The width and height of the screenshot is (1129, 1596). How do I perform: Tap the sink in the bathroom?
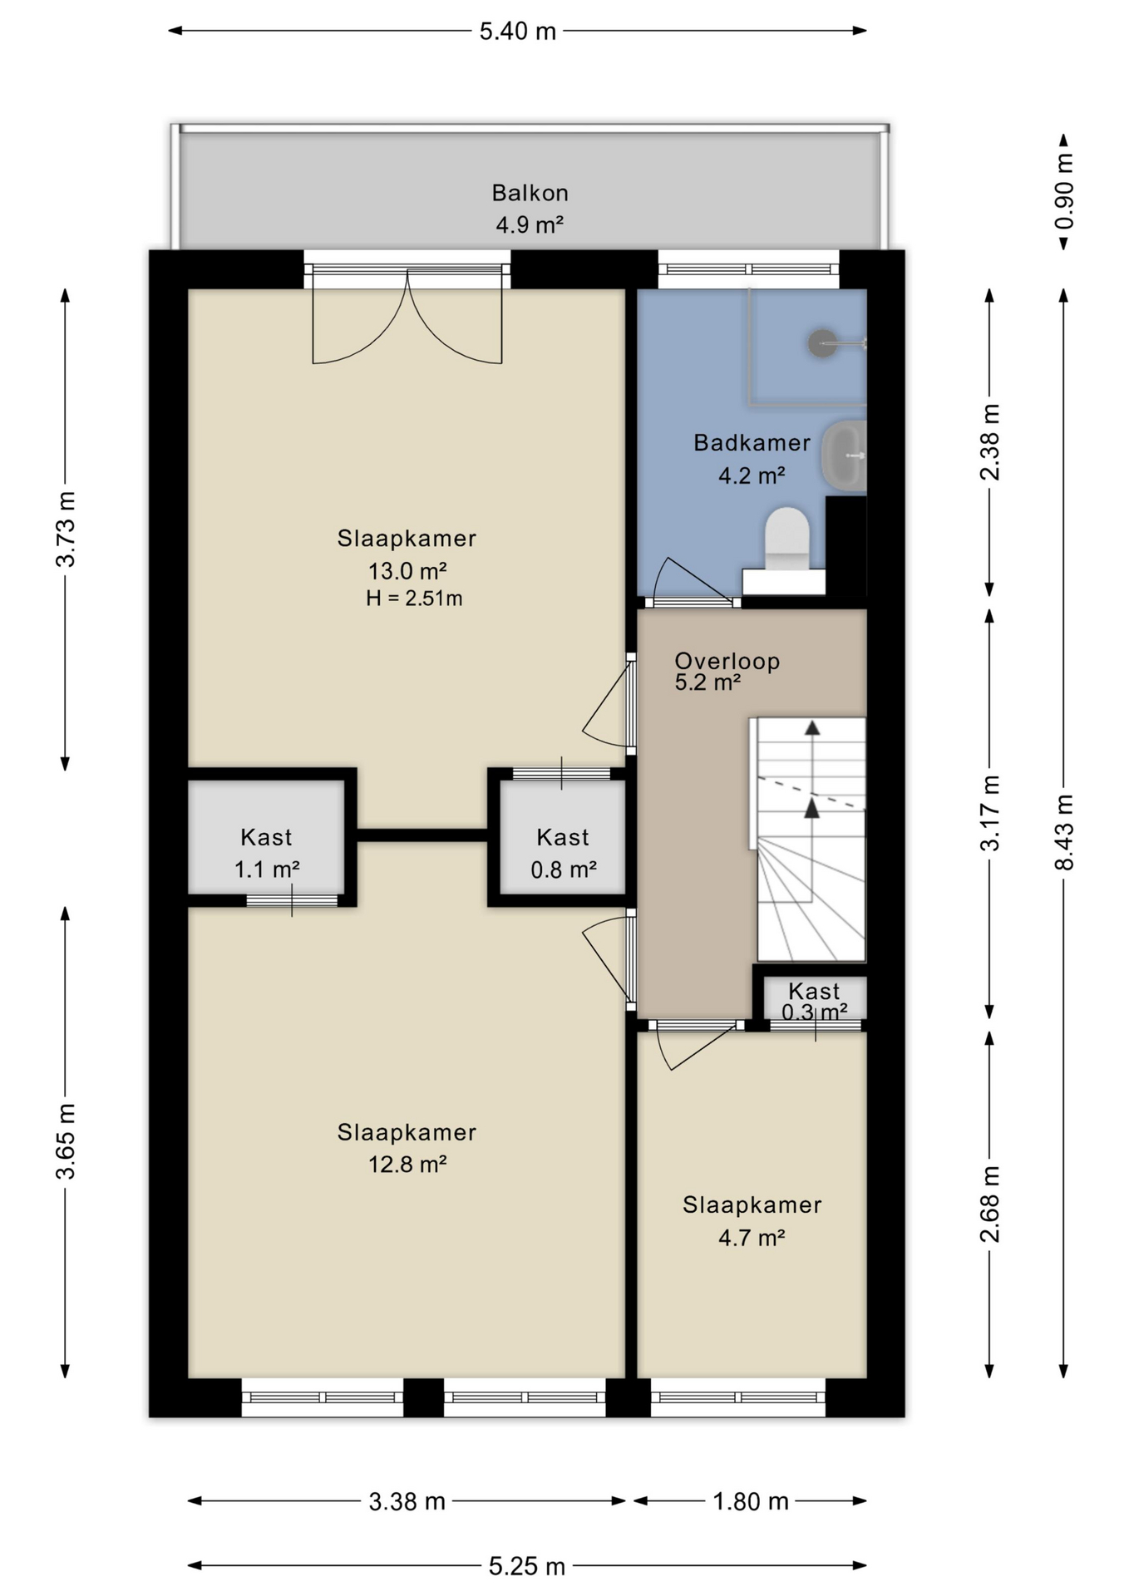845,455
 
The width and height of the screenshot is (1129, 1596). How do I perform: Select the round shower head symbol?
822,342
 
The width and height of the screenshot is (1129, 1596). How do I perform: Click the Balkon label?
530,193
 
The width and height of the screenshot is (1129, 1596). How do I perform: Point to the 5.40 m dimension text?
517,32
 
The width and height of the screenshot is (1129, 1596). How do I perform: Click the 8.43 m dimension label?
1064,832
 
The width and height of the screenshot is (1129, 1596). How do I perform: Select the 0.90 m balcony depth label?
1064,191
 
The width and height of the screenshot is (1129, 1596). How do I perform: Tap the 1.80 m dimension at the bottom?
750,1501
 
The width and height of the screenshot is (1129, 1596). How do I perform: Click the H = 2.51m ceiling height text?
414,598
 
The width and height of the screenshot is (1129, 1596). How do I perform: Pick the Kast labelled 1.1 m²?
266,853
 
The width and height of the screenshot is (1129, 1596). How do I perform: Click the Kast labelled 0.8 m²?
563,853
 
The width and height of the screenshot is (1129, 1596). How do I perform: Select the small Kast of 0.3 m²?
814,1000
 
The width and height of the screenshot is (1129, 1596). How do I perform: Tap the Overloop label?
727,662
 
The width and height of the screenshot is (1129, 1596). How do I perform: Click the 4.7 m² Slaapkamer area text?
752,1238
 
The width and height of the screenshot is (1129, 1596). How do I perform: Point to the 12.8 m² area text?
407,1165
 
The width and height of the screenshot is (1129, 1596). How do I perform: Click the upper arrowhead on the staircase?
812,728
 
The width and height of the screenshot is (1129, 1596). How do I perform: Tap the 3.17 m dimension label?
989,813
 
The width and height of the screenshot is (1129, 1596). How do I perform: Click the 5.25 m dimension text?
526,1567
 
